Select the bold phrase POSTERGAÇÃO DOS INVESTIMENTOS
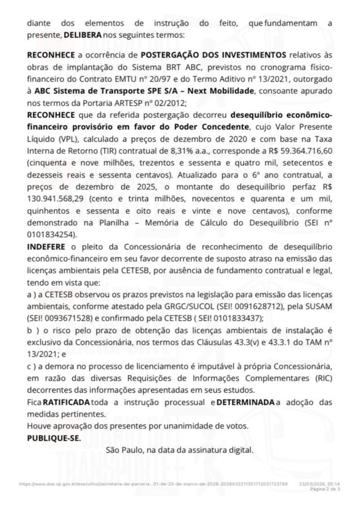click(214, 54)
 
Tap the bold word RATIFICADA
click(67, 401)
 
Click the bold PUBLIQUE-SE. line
click(53, 437)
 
